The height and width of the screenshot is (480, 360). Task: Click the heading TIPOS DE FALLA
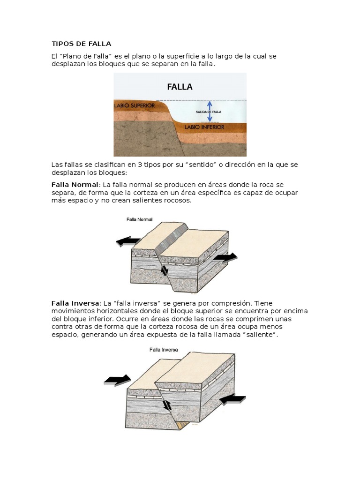pos(81,44)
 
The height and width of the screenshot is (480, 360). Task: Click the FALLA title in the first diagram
pos(180,87)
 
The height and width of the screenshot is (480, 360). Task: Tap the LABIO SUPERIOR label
pos(135,106)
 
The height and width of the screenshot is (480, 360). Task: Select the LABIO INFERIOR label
pos(204,127)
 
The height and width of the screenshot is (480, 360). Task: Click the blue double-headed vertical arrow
pos(210,112)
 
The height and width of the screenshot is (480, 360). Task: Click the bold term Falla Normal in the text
pos(75,184)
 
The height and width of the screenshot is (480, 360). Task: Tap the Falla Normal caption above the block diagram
pos(140,219)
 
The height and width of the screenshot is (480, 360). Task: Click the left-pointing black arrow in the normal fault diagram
pos(127,242)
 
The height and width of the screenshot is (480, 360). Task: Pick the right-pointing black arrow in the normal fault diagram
pos(225,257)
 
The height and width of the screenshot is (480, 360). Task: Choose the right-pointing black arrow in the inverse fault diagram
pos(117,379)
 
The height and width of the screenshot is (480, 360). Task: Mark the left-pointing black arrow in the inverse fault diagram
pos(232,399)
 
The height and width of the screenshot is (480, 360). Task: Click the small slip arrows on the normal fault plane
pos(164,270)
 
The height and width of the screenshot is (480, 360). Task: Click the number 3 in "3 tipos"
pos(128,165)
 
